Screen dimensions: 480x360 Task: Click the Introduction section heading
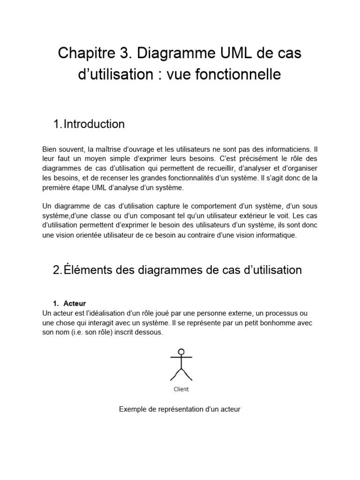[x=94, y=124]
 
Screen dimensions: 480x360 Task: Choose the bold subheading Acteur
[x=75, y=304]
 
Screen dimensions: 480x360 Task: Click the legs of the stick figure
[x=181, y=374]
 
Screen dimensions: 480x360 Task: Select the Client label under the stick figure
[x=181, y=389]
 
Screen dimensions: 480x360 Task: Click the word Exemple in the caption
[x=133, y=409]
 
